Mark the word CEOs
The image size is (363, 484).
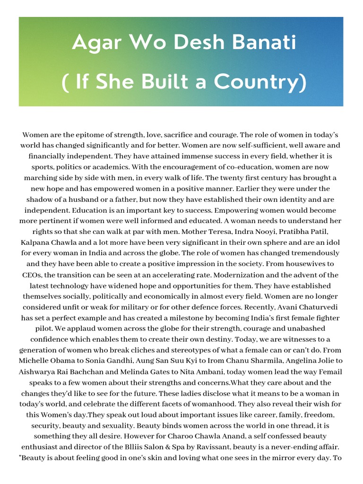33,275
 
